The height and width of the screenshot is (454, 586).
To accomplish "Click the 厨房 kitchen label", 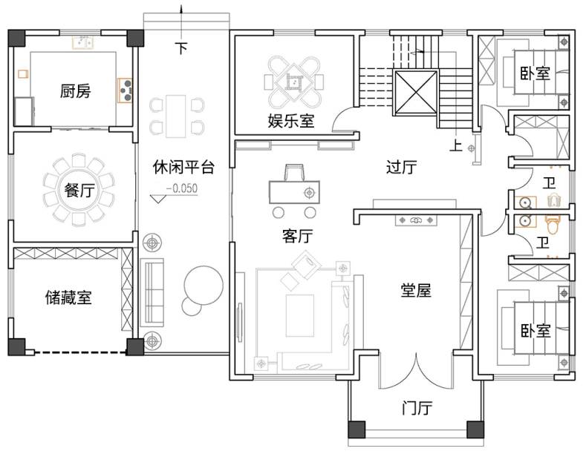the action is tap(75, 91).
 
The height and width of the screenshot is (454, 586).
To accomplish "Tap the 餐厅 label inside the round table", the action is tap(79, 190).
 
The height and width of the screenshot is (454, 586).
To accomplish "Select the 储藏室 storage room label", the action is tap(68, 297).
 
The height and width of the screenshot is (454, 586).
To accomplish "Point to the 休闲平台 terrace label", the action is tap(183, 167).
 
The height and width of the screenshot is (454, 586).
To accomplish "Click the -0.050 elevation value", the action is tap(182, 188).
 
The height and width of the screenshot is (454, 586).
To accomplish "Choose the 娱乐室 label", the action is tap(291, 121).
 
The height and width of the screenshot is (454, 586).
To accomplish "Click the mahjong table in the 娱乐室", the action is tap(294, 81).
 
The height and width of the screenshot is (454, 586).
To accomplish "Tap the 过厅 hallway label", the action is tap(401, 167).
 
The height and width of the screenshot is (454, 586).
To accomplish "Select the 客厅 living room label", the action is tap(298, 236).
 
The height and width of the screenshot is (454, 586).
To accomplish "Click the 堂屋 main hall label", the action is tap(416, 290).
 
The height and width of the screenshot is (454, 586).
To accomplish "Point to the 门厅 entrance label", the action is tap(417, 408).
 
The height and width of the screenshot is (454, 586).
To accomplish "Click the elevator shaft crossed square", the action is tap(416, 92).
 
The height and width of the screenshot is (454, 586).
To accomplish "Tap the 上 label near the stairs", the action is tap(455, 145).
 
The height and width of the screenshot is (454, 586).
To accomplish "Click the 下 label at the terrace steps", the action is tap(182, 48).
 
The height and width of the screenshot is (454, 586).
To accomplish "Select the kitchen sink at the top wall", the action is tap(83, 42).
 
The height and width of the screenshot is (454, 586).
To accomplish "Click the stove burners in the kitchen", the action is tap(126, 90).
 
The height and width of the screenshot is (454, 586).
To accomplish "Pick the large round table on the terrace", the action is tap(204, 286).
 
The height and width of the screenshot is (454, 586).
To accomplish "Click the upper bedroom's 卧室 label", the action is tap(535, 73).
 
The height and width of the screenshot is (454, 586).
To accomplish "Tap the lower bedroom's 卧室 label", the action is tap(535, 330).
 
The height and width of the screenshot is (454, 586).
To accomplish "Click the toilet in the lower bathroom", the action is tap(553, 223).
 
